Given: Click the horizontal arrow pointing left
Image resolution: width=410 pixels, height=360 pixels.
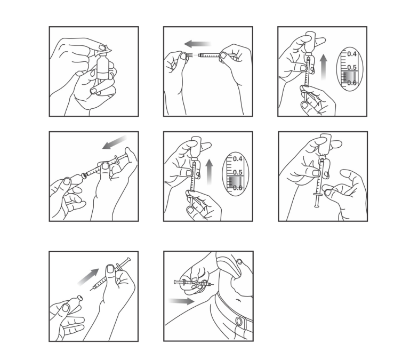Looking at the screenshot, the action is pos(197,44).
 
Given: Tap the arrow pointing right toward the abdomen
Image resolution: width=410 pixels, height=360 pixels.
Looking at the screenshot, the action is pos(181,301).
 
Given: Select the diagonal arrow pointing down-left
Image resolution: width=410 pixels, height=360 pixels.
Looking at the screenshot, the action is pos(114,142).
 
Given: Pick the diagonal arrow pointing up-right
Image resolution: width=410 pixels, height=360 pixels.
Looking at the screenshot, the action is pos(89,277).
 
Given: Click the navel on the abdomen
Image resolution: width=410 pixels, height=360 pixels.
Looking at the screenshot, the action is pos(238,300).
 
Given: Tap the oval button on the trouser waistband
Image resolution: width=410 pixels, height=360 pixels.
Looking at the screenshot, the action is pos(238,321).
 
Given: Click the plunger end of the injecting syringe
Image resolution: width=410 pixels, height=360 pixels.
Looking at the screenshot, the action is pos(175,282).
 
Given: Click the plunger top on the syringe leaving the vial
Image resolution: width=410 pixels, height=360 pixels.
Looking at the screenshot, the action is pos(128,260).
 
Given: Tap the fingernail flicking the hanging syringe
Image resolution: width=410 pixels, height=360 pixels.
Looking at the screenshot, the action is pos(327,193).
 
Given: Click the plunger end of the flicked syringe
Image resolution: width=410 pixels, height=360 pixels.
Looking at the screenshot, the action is pos(317,206).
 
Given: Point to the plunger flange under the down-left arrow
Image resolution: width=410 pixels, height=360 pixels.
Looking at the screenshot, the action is pos(117,159).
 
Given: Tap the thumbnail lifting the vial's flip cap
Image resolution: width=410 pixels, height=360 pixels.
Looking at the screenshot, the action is pos(102,48).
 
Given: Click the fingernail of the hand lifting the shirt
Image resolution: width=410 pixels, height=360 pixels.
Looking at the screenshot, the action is pos(239,261).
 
